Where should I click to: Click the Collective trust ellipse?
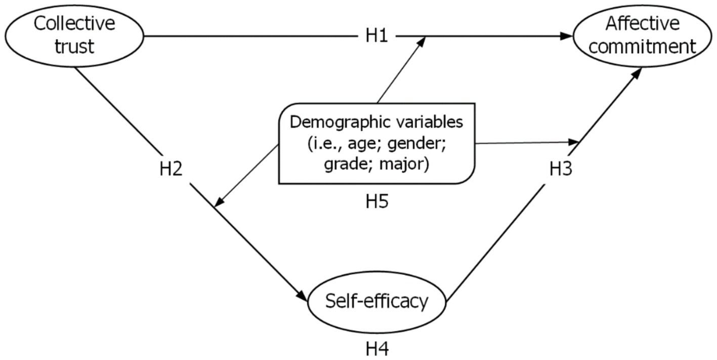(x=74, y=35)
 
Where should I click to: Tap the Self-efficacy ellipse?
(x=377, y=302)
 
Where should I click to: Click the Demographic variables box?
(x=377, y=143)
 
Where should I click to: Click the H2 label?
(x=171, y=169)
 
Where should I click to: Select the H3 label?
(x=561, y=169)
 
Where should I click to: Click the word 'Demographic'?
(x=331, y=122)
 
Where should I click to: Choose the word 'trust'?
(x=74, y=47)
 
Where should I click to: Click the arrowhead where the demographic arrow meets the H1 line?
(x=420, y=42)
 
